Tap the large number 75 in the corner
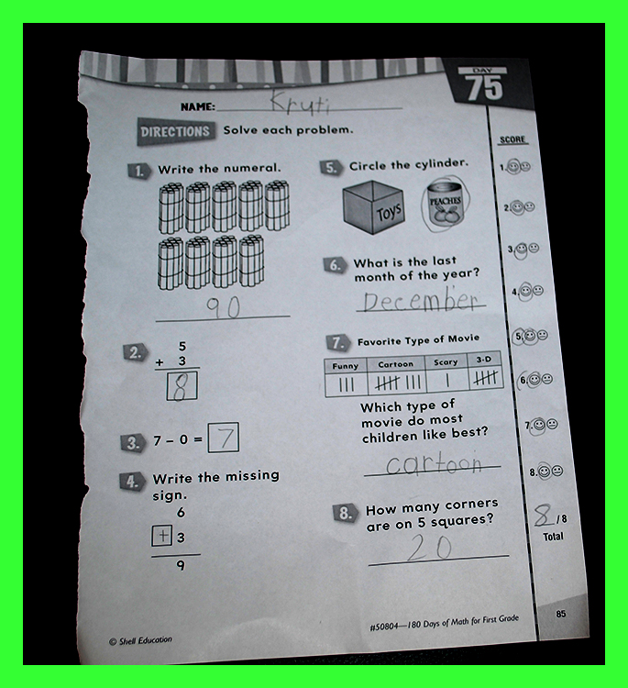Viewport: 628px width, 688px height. (484, 87)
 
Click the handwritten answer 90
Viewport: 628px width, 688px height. (223, 307)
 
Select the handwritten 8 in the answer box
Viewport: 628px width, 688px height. (182, 386)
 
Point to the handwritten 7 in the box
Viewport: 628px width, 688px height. (224, 437)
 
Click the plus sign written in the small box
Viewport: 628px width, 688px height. (162, 536)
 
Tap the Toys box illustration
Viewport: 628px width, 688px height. (373, 206)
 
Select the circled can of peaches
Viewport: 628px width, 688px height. (446, 205)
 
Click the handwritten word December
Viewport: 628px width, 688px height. (421, 299)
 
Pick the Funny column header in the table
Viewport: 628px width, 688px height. (345, 366)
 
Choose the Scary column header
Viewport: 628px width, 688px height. (446, 362)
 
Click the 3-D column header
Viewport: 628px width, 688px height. (484, 360)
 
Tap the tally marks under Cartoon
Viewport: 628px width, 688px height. (398, 383)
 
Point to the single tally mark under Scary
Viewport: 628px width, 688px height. (447, 381)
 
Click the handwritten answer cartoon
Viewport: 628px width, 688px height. (434, 464)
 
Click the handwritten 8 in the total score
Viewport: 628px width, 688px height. (544, 516)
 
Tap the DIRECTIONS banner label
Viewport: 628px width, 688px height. (175, 131)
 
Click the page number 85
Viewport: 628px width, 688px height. (561, 614)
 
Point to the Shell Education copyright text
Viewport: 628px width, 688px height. (141, 641)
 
